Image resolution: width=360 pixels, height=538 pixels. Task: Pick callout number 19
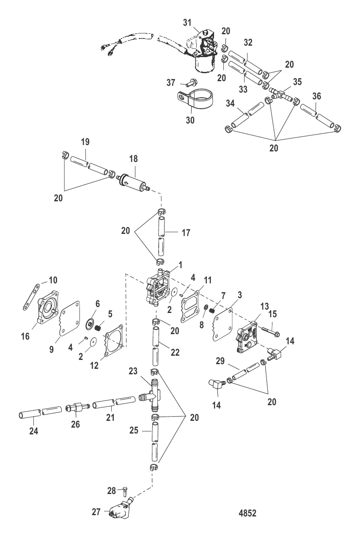point(85,142)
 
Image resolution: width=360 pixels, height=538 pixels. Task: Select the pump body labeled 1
point(159,288)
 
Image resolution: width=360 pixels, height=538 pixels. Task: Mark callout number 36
point(317,96)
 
